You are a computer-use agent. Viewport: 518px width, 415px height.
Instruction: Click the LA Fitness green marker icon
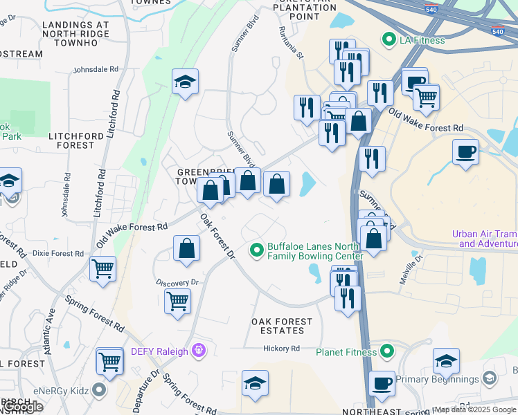(388, 40)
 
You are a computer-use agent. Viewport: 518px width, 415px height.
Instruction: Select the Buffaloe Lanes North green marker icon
(257, 248)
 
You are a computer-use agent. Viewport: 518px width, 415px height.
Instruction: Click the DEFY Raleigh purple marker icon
(199, 351)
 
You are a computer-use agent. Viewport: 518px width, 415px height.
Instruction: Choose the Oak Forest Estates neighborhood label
(282, 326)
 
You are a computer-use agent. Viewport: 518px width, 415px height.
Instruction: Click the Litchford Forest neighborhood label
(71, 141)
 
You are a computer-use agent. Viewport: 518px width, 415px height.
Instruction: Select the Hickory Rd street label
(285, 349)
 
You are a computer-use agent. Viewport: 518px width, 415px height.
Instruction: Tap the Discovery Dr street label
(177, 282)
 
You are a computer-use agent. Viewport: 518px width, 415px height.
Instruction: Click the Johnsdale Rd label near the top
(96, 70)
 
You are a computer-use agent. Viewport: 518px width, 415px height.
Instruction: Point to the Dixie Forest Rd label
(57, 253)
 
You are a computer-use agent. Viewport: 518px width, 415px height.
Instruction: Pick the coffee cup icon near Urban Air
(465, 151)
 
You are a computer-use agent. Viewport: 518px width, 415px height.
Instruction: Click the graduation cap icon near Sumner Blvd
(185, 83)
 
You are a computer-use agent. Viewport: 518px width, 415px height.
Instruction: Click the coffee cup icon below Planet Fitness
(382, 383)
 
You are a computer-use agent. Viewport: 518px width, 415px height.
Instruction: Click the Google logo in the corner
(22, 407)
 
